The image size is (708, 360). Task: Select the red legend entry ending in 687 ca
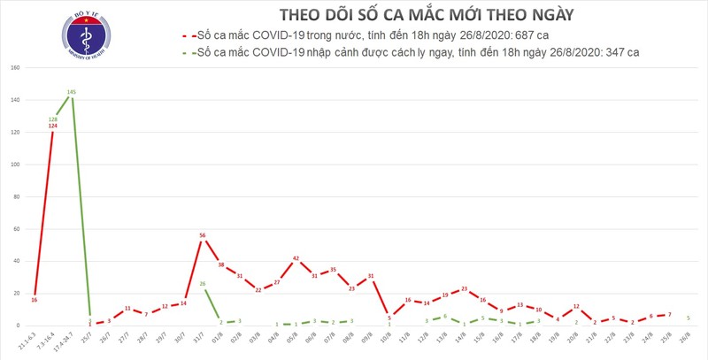[372, 36]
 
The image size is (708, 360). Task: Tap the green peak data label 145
[71, 91]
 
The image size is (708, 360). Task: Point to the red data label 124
[53, 126]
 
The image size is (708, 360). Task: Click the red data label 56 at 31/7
[204, 235]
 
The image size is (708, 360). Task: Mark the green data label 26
[204, 283]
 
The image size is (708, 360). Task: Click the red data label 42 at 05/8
[296, 258]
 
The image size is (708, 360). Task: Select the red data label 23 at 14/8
[464, 288]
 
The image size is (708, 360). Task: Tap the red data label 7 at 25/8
[669, 314]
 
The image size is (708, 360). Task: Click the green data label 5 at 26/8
[688, 318]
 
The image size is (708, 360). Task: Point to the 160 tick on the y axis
[16, 68]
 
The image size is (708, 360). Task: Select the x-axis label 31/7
[202, 341]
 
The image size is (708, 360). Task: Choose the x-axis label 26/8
[686, 341]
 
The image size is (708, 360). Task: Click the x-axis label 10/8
[388, 341]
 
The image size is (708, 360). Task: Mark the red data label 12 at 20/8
[576, 306]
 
